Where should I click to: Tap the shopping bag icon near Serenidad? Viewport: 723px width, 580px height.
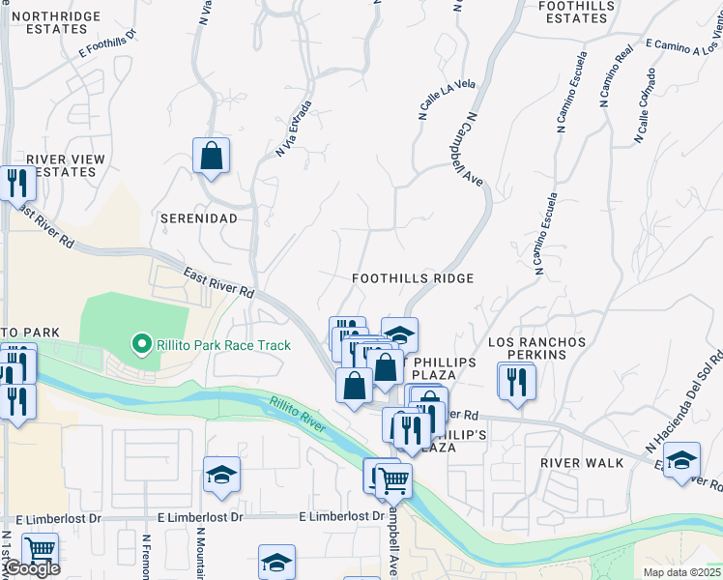click(x=211, y=156)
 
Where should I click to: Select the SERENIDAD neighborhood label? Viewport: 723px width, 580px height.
click(x=199, y=218)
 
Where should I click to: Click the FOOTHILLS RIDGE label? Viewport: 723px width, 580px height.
click(x=413, y=278)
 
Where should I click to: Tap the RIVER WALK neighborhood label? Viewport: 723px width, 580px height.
click(x=582, y=463)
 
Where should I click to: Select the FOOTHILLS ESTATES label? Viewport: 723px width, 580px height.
click(x=572, y=12)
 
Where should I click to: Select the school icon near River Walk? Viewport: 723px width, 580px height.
click(x=680, y=459)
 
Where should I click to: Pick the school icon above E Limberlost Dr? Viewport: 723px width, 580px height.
click(x=221, y=474)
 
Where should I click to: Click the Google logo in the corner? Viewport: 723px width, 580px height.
click(x=31, y=568)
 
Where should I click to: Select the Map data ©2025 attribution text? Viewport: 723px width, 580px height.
click(x=682, y=572)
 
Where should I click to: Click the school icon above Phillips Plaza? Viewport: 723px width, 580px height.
click(x=399, y=334)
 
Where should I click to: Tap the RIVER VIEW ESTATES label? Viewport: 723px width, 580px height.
click(x=61, y=165)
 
